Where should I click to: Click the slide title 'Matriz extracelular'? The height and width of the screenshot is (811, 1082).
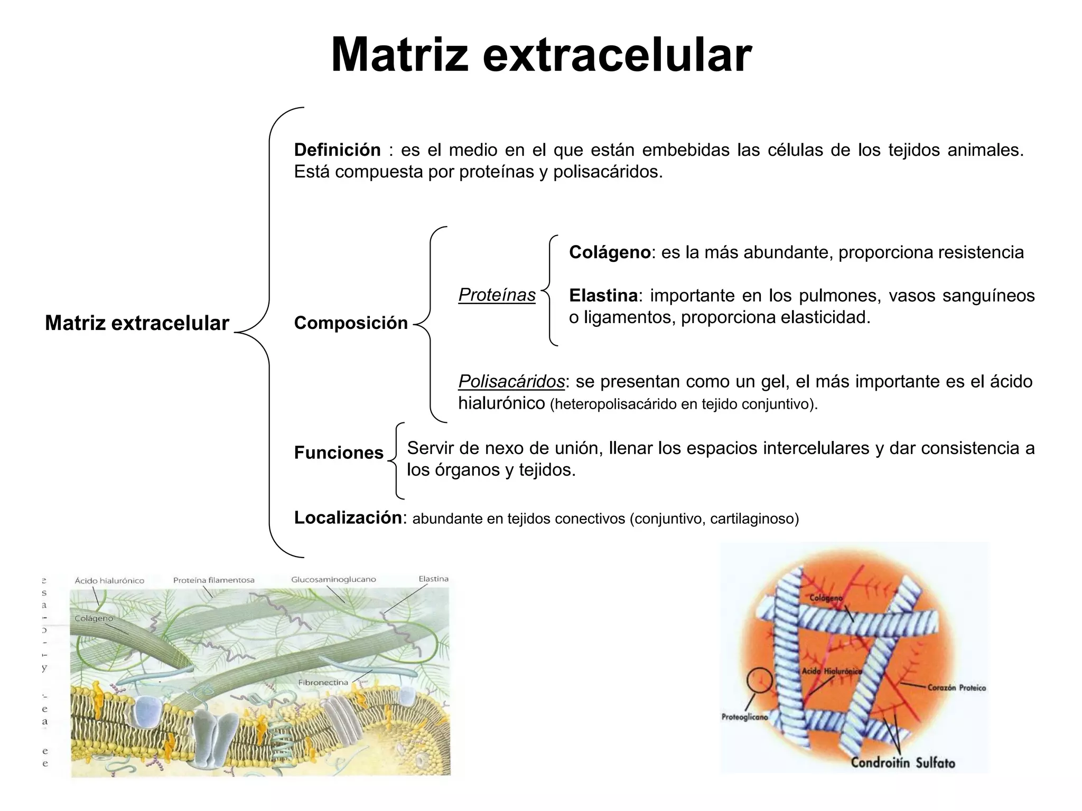(541, 55)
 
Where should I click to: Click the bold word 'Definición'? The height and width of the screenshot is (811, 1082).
(337, 150)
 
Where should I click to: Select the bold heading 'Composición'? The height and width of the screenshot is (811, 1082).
(351, 323)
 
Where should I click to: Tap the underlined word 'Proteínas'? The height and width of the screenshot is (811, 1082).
(497, 295)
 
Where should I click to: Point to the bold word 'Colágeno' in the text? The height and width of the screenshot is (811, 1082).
(610, 252)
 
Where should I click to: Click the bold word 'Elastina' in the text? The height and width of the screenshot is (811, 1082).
(603, 296)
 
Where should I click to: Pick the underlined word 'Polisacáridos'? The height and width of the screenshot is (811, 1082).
(511, 381)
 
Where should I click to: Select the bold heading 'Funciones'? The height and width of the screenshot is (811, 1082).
(339, 452)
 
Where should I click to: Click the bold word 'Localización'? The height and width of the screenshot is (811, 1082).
(348, 517)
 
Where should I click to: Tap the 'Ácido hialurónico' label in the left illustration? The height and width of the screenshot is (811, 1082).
(109, 580)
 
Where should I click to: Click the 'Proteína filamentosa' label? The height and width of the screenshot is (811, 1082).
(213, 580)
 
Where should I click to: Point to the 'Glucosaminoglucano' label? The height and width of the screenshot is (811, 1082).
(333, 579)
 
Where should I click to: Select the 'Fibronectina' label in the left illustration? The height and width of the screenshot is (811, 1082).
(323, 682)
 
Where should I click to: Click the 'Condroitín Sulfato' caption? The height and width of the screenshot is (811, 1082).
(903, 762)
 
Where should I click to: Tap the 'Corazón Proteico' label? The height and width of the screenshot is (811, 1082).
(956, 688)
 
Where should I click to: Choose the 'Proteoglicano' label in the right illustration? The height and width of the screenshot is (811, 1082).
(744, 717)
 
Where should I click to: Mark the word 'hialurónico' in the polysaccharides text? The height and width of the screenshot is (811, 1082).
(501, 403)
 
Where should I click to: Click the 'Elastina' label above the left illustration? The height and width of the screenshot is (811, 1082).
(433, 579)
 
